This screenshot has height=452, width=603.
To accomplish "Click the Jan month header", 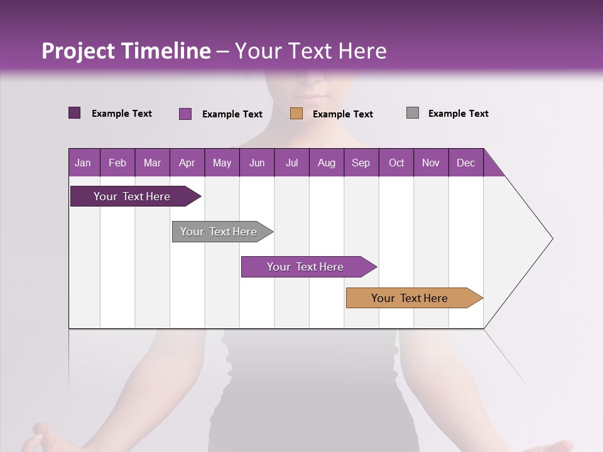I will coord(83,163).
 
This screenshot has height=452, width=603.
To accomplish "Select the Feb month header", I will coord(117,163).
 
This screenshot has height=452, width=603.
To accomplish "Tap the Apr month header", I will coord(187,163).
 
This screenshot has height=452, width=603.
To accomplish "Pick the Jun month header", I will coord(257,163).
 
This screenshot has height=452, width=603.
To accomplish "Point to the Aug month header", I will coord(326,163).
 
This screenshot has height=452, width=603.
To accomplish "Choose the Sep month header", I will coord(361,163).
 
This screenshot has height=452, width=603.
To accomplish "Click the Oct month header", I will coord(396,163).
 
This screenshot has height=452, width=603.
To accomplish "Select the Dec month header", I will coord(465,163).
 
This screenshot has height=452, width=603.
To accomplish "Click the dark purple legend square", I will coord(75,113).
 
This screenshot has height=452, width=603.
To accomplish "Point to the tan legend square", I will coord(296,114).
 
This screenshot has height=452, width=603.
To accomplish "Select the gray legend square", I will coord(413,113).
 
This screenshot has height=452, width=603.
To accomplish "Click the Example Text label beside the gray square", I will coord(458,114).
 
